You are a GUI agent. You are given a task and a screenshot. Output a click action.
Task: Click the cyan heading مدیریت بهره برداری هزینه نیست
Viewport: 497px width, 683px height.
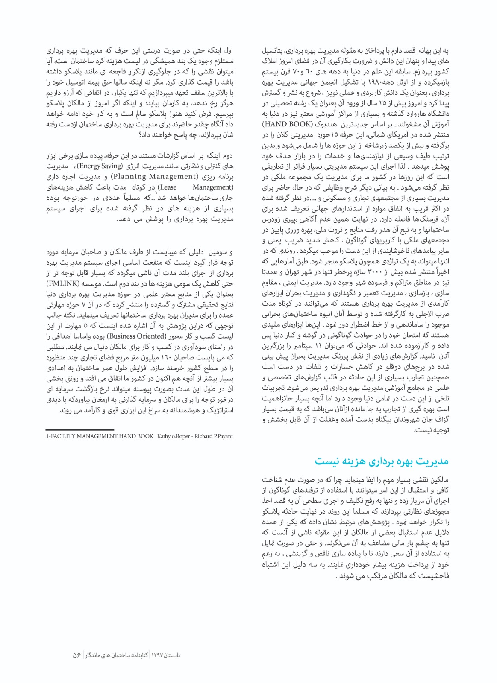[382, 461]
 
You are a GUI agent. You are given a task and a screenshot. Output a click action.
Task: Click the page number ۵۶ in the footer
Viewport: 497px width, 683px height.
[77, 655]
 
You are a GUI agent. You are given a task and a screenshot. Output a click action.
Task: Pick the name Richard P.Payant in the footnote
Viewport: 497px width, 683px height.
[214, 436]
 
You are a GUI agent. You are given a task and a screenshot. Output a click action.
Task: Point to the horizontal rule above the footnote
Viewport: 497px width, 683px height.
[79, 429]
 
